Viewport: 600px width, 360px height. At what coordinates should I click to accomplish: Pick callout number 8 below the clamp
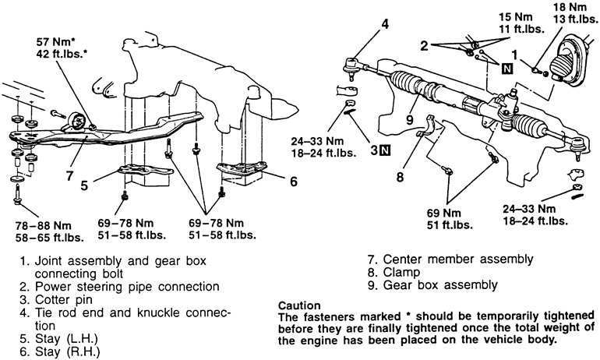point(401,178)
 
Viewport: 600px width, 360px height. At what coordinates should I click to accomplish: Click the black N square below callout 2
point(507,69)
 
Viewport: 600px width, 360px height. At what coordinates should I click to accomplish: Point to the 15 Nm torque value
point(492,18)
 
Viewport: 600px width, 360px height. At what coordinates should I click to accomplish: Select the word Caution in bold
point(302,305)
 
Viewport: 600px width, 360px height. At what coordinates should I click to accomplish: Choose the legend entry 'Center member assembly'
point(448,259)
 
